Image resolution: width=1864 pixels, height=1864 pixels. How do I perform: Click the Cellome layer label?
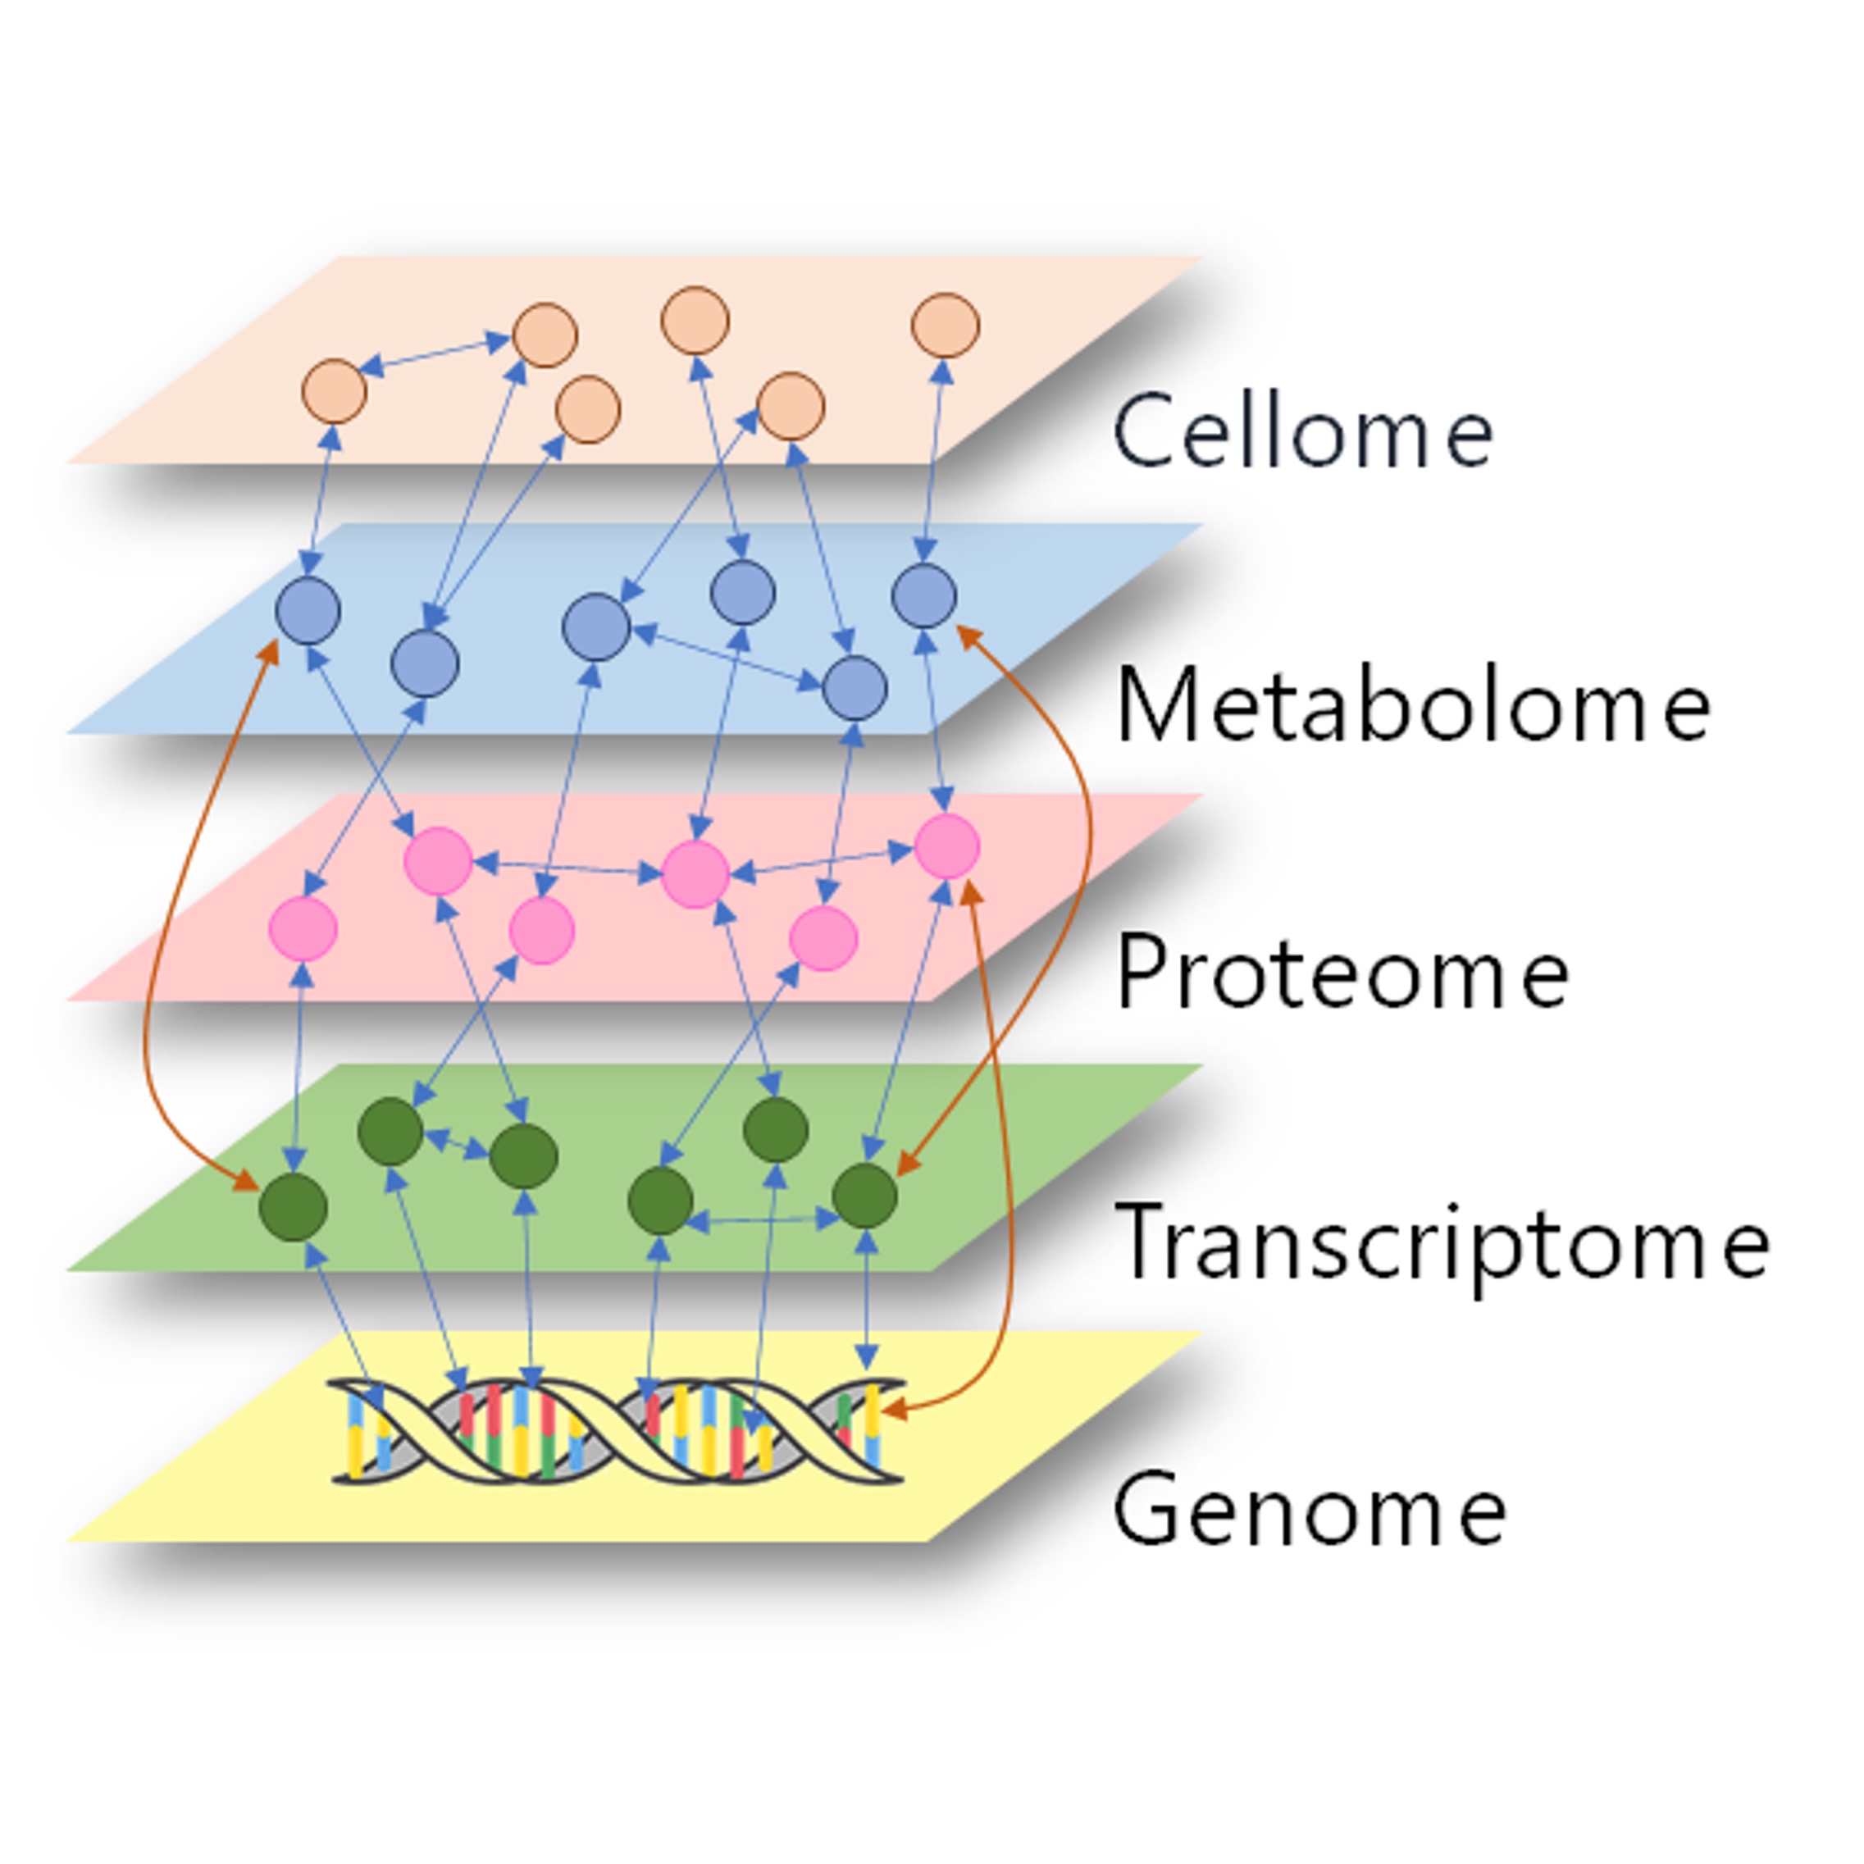click(1302, 431)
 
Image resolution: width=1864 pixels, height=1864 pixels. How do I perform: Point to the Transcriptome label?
click(1442, 1244)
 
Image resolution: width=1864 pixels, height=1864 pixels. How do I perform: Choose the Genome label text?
click(1310, 1510)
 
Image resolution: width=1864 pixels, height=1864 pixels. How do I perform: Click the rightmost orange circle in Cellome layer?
click(946, 325)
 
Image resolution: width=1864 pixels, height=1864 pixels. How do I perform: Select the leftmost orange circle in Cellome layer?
click(334, 392)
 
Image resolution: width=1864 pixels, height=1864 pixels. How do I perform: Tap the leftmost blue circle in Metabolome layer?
click(308, 611)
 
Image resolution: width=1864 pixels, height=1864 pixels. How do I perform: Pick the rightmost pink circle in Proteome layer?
click(946, 846)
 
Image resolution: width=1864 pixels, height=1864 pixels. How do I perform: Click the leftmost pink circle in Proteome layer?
click(303, 928)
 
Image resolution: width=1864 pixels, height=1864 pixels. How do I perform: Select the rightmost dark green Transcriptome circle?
click(864, 1196)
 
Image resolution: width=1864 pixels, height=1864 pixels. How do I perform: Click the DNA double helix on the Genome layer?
click(618, 1431)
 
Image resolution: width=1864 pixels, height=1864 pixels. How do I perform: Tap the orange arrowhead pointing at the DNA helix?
click(893, 1410)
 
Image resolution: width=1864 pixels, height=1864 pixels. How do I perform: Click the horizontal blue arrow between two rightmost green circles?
click(762, 1220)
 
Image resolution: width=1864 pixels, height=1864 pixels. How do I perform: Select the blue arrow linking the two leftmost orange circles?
click(434, 353)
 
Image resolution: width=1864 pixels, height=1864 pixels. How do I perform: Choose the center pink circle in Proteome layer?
click(695, 874)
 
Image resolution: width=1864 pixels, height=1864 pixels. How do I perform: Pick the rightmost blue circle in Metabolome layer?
click(924, 595)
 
